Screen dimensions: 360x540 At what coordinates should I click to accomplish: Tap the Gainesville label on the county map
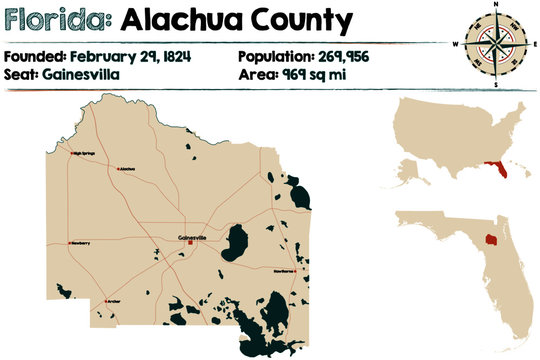click(x=191, y=236)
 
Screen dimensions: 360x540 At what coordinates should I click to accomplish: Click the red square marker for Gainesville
click(x=190, y=242)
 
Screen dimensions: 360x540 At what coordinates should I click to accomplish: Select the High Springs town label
click(x=89, y=153)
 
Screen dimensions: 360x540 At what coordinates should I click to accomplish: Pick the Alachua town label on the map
click(x=127, y=169)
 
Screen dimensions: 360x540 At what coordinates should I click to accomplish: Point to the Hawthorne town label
click(x=284, y=270)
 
